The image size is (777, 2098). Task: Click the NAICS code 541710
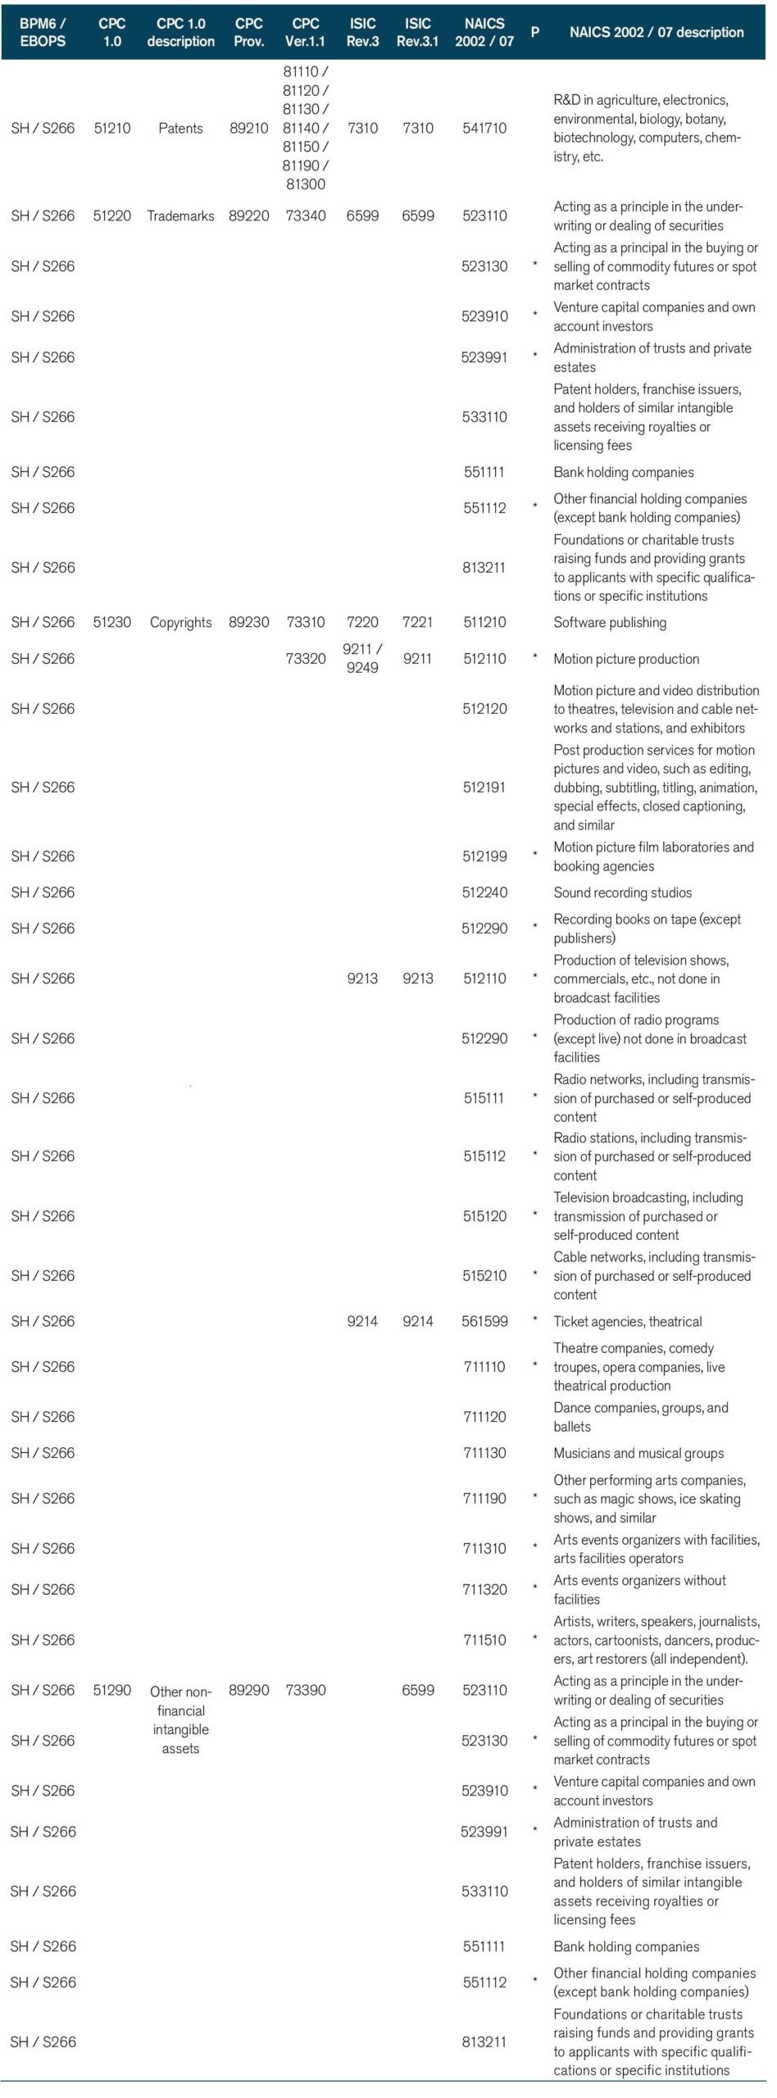(484, 128)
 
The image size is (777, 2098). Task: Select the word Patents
(180, 128)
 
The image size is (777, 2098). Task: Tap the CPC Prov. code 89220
(248, 216)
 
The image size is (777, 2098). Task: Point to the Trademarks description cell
(180, 216)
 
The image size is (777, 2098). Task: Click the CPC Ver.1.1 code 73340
(306, 216)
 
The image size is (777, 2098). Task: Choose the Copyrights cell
(180, 622)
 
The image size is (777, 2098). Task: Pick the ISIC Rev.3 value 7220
(362, 622)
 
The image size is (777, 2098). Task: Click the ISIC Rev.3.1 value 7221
(418, 622)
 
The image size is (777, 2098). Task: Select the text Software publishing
(610, 622)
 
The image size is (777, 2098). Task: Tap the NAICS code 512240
(484, 892)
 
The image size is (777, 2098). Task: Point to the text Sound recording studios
(622, 892)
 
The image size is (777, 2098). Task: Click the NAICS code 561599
(484, 1321)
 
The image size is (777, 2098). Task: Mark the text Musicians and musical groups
(638, 1453)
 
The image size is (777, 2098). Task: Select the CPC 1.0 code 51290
(112, 1690)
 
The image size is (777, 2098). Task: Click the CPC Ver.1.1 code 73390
(306, 1690)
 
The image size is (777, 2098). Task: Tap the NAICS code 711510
(484, 1640)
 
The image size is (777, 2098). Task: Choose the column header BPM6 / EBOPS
(43, 32)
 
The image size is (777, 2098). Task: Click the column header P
(535, 32)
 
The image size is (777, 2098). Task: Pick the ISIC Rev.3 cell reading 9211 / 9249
(362, 658)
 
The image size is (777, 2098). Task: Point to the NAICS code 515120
(484, 1216)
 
